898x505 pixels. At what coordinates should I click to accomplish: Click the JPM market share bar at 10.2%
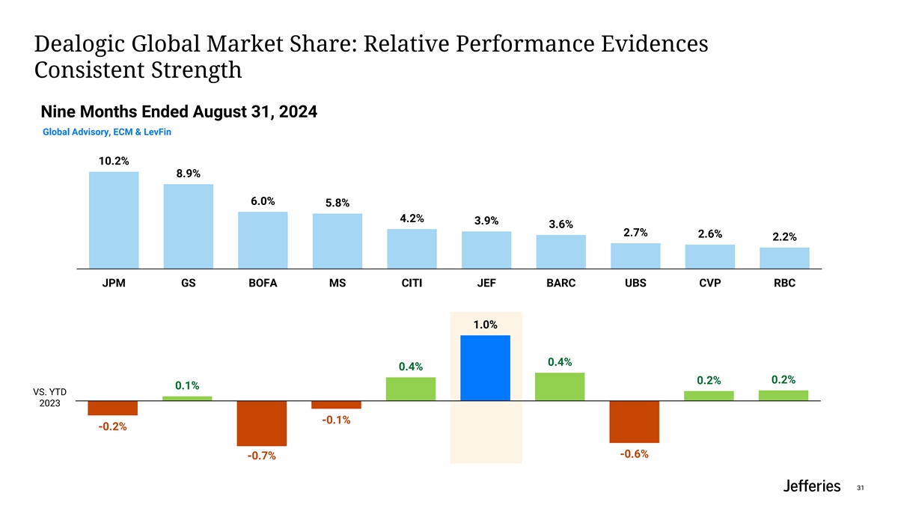[x=114, y=219]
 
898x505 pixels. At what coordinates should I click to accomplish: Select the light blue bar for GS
[x=189, y=226]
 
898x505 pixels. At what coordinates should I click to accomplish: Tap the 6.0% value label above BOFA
[x=263, y=201]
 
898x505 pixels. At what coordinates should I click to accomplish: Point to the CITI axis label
[x=412, y=285]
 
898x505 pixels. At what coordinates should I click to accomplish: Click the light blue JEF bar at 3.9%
[x=486, y=249]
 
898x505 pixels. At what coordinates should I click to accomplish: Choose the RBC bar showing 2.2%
[x=784, y=257]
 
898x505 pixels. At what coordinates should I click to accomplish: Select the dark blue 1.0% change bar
[x=486, y=368]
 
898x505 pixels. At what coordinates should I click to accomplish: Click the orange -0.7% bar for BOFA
[x=262, y=423]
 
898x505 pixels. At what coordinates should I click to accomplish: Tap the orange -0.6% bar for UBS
[x=635, y=422]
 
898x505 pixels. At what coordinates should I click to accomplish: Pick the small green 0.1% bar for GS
[x=187, y=399]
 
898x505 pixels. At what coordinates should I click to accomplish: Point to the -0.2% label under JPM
[x=112, y=427]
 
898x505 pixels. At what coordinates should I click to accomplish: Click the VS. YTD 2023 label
[x=50, y=397]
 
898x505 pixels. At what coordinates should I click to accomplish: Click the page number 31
[x=860, y=488]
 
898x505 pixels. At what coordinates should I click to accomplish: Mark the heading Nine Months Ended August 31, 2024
[x=179, y=112]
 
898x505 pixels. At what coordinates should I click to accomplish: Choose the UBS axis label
[x=635, y=285]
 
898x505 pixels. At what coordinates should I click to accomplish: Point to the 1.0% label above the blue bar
[x=485, y=325]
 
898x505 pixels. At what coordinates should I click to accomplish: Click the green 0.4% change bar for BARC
[x=560, y=387]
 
